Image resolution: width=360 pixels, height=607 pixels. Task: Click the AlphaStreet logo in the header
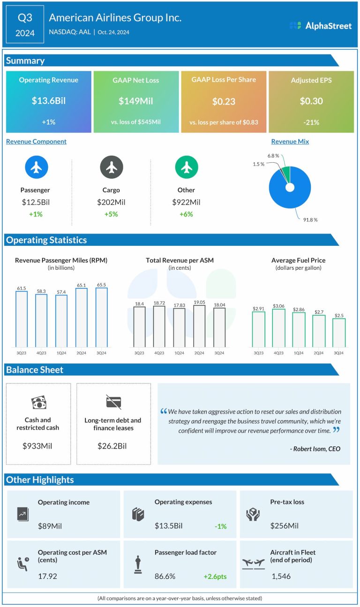[321, 26]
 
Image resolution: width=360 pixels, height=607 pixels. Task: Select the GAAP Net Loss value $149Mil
[136, 101]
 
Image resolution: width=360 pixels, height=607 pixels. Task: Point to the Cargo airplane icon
[112, 167]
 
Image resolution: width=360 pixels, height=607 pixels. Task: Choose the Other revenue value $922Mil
[186, 202]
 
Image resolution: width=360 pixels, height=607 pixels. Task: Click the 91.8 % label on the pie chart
[309, 220]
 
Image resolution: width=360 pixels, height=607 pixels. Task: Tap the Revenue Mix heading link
[290, 142]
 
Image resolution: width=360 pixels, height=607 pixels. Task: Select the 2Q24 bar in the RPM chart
[82, 318]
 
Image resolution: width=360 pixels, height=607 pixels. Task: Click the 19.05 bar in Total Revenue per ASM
[199, 326]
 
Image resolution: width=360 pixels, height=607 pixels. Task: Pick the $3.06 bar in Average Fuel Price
[278, 328]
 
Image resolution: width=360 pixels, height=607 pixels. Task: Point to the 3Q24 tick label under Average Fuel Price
[338, 353]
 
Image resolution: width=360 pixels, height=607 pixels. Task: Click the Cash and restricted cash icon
[38, 402]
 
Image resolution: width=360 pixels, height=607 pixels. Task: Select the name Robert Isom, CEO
[315, 449]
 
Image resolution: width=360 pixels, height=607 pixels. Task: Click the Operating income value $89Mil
[50, 526]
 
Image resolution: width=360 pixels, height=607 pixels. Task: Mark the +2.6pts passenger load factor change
[215, 576]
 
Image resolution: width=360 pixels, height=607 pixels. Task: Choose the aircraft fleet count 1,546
[281, 576]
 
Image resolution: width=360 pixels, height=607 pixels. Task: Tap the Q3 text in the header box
[25, 18]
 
